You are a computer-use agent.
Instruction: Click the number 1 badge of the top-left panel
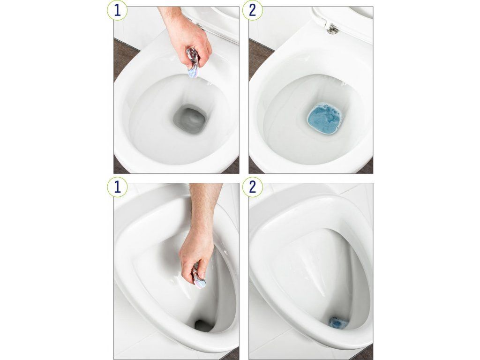point(117,10)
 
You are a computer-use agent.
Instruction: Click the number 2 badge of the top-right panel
point(252,10)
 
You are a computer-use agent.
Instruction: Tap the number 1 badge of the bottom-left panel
point(117,187)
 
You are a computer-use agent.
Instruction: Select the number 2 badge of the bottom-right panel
point(252,187)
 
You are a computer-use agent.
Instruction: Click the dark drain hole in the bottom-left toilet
point(203,326)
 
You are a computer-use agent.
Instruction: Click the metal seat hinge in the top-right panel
point(332,30)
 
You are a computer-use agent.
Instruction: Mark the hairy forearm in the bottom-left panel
point(204,205)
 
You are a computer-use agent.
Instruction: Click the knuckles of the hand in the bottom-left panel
point(191,263)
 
